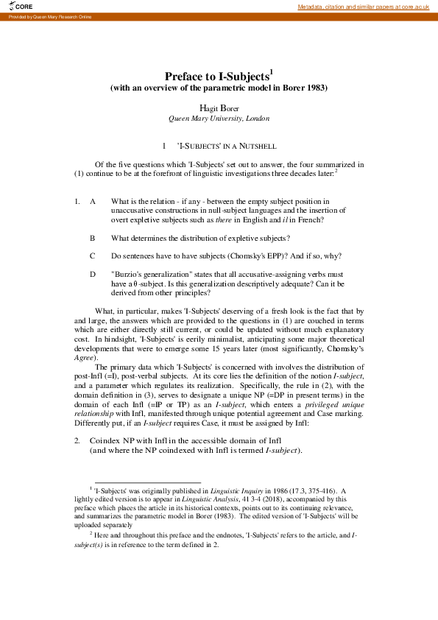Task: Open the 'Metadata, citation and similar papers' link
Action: pos(363,7)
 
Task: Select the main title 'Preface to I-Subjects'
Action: pos(219,76)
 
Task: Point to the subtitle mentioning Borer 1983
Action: pos(219,88)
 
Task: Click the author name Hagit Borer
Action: pos(219,108)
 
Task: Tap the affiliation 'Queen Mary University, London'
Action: pos(219,118)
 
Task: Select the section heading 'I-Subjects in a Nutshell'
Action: pos(226,147)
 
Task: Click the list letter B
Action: pos(93,238)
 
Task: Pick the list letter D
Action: pos(93,274)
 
